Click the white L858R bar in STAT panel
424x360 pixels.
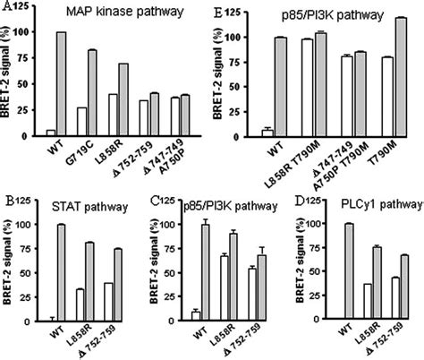[x=81, y=304]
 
